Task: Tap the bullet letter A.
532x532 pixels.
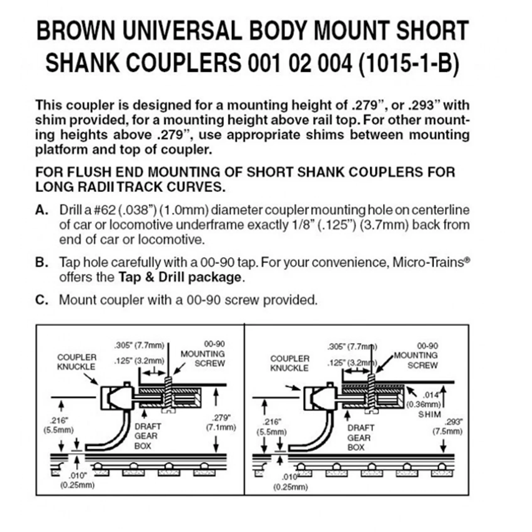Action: [42, 210]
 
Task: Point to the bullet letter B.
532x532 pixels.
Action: [42, 263]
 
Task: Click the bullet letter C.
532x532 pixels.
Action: [42, 300]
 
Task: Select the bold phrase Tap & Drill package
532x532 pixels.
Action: [180, 277]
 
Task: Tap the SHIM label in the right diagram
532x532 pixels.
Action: [429, 414]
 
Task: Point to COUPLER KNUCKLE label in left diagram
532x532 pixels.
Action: [76, 362]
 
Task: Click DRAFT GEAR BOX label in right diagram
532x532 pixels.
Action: [358, 437]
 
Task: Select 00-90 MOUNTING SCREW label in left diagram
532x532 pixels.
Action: [202, 354]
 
